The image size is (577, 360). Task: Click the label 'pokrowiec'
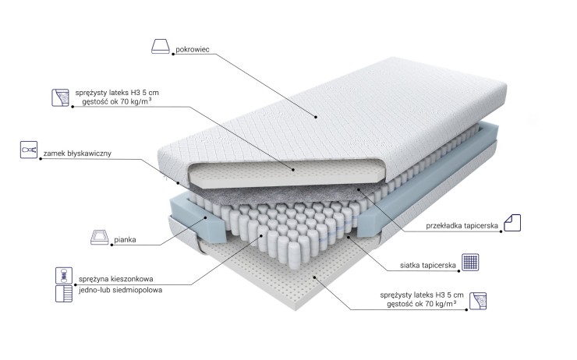(x=193, y=49)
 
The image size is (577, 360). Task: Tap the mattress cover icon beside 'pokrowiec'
(x=161, y=46)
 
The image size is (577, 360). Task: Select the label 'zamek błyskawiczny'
(x=77, y=154)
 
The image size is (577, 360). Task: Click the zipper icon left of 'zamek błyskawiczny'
(x=29, y=150)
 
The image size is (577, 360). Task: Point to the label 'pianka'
(x=125, y=240)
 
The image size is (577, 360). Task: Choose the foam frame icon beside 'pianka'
(x=100, y=237)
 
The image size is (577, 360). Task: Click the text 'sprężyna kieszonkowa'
(x=116, y=279)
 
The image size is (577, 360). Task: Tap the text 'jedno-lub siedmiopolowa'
(x=120, y=290)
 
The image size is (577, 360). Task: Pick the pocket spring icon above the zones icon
(x=64, y=275)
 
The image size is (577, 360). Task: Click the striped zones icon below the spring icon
(x=64, y=294)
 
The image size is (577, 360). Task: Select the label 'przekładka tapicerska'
(x=462, y=225)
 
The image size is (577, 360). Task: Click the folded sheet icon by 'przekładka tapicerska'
(x=512, y=223)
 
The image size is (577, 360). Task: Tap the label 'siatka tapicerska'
(x=428, y=265)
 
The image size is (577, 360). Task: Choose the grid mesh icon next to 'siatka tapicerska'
(x=470, y=262)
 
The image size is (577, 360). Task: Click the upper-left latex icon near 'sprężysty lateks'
(x=60, y=97)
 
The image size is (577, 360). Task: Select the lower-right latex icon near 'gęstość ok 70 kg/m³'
(x=478, y=301)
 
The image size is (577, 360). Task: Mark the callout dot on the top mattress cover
(x=316, y=117)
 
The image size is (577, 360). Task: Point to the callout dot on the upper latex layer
(x=293, y=170)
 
